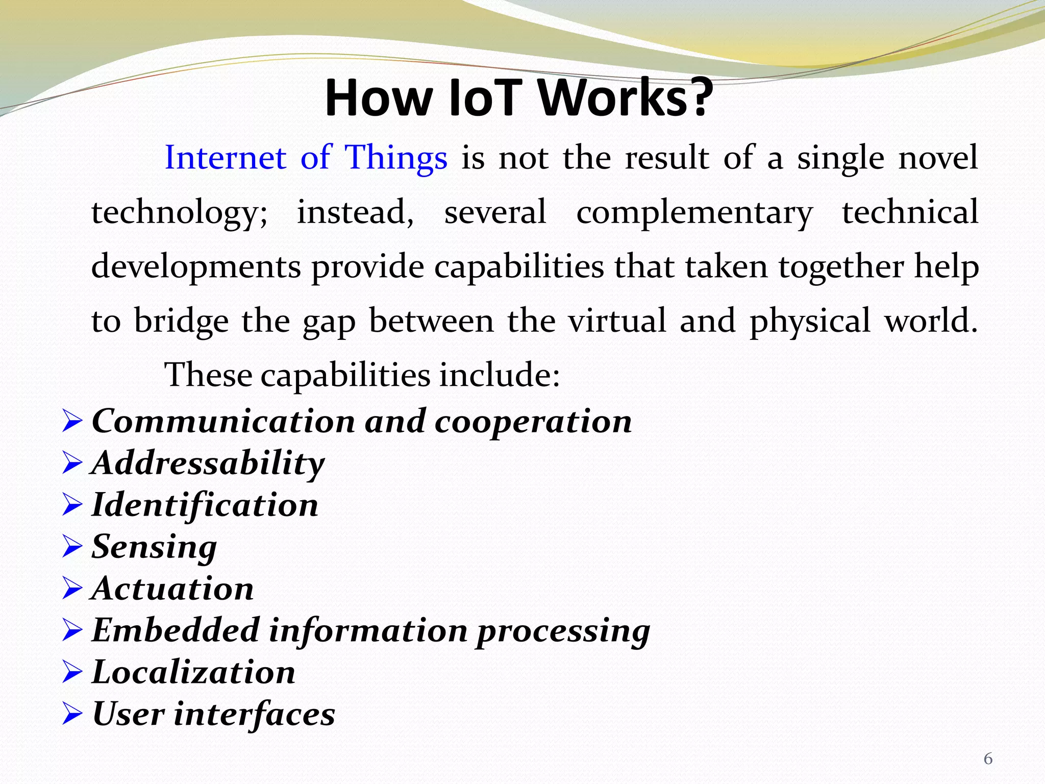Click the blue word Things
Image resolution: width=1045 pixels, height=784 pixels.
396,157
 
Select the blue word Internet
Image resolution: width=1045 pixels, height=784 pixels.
225,157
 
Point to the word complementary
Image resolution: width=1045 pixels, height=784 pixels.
694,212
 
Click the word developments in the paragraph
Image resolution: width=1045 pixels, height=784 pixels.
196,267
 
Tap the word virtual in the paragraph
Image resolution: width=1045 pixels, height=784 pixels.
617,321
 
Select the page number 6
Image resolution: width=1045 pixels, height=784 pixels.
988,759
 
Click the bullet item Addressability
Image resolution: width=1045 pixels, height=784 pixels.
208,463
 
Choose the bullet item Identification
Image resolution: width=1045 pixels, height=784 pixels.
205,505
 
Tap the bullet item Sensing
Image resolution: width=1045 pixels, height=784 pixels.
154,547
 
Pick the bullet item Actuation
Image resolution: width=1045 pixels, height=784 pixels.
172,589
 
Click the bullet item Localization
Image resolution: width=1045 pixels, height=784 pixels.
193,672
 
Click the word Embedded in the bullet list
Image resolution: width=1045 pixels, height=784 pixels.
176,630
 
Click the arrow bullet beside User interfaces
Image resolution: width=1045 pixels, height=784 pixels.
72,714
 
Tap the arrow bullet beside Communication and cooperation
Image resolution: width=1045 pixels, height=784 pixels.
72,422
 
